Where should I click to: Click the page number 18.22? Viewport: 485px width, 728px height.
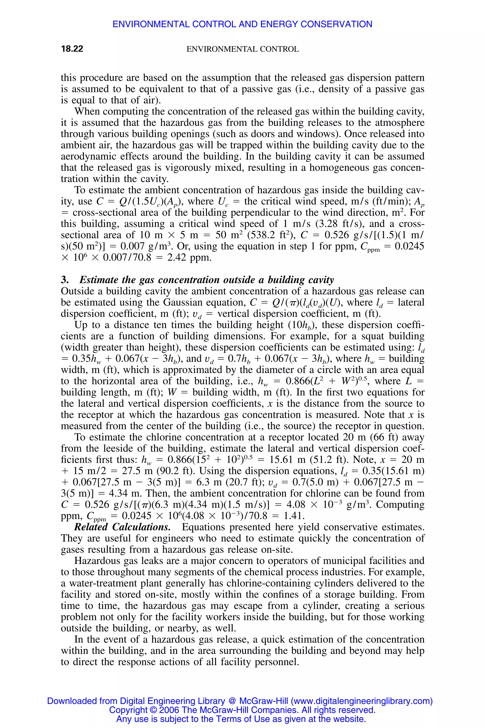[x=72, y=49]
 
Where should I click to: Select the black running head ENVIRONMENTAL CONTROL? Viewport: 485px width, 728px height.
[x=242, y=49]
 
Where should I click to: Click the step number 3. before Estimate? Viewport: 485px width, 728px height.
[x=65, y=280]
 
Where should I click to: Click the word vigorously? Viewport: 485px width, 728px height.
[x=192, y=168]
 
